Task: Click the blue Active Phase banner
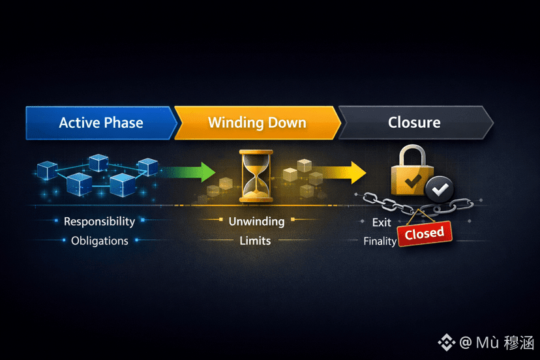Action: point(101,123)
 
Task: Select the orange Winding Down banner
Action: point(257,123)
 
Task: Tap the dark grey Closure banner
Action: point(415,122)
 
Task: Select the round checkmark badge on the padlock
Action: point(439,190)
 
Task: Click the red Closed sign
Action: point(424,233)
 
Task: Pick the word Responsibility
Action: point(99,221)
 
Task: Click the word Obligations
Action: point(100,241)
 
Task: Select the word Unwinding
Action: point(256,221)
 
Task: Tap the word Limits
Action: point(255,241)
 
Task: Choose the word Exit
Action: point(382,222)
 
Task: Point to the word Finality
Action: point(380,241)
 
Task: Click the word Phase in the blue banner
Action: point(124,123)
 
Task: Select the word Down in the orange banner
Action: point(286,123)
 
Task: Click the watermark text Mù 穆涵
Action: point(504,342)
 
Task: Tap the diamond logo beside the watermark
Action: point(447,342)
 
